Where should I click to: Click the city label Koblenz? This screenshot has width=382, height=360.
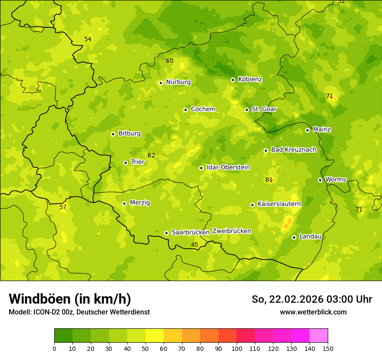click(x=250, y=79)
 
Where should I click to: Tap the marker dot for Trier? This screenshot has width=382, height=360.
click(x=126, y=163)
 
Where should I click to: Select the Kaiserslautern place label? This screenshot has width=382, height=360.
click(x=279, y=204)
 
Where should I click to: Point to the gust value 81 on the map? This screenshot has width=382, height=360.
click(x=269, y=180)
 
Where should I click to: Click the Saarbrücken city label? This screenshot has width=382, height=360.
click(x=191, y=232)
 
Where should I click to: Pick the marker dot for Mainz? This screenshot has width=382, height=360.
click(x=307, y=130)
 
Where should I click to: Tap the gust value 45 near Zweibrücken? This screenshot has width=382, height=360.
click(x=194, y=245)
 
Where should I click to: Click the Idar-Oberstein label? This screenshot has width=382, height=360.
click(x=228, y=167)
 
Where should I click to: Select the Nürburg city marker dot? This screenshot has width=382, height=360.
click(x=161, y=83)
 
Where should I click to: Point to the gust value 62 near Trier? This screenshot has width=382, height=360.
click(x=151, y=156)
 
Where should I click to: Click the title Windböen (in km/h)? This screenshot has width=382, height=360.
click(x=70, y=299)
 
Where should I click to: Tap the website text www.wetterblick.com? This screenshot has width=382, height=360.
click(x=313, y=312)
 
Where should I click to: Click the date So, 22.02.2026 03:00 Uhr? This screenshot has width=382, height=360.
click(x=312, y=299)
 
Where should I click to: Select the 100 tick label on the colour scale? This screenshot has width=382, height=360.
click(x=237, y=348)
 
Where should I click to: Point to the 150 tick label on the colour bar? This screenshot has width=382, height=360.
click(x=328, y=348)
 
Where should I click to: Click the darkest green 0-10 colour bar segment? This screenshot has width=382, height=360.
click(x=63, y=336)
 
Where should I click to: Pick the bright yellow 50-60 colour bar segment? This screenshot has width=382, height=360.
click(x=155, y=336)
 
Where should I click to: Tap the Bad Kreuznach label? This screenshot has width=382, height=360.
click(x=293, y=150)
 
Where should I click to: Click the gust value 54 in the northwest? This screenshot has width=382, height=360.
click(x=88, y=39)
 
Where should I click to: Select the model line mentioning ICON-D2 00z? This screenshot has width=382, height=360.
click(x=79, y=312)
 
